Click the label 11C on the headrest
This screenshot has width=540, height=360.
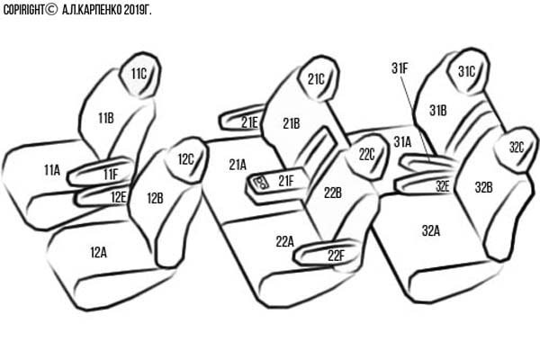(x=139, y=74)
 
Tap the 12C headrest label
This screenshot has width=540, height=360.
(x=186, y=159)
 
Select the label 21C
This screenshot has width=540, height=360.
(x=316, y=79)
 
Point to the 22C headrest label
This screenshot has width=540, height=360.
(x=366, y=155)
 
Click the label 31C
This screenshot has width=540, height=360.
(x=466, y=72)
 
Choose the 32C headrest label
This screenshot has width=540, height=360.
(x=517, y=148)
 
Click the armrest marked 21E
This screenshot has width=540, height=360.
(x=241, y=120)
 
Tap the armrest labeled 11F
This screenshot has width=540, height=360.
(x=100, y=172)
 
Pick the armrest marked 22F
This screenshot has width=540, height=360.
(x=326, y=253)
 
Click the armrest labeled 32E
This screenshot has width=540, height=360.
(x=424, y=184)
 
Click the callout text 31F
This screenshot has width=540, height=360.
(x=400, y=68)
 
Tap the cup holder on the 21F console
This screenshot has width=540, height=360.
(x=261, y=182)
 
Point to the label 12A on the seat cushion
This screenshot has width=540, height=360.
(x=98, y=253)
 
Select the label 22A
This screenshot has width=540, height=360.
(x=284, y=242)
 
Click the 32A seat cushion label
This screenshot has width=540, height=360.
(x=431, y=230)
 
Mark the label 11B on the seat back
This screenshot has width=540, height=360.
(x=106, y=118)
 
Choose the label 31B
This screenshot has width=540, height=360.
(x=438, y=111)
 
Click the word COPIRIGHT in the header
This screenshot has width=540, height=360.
(x=23, y=10)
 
